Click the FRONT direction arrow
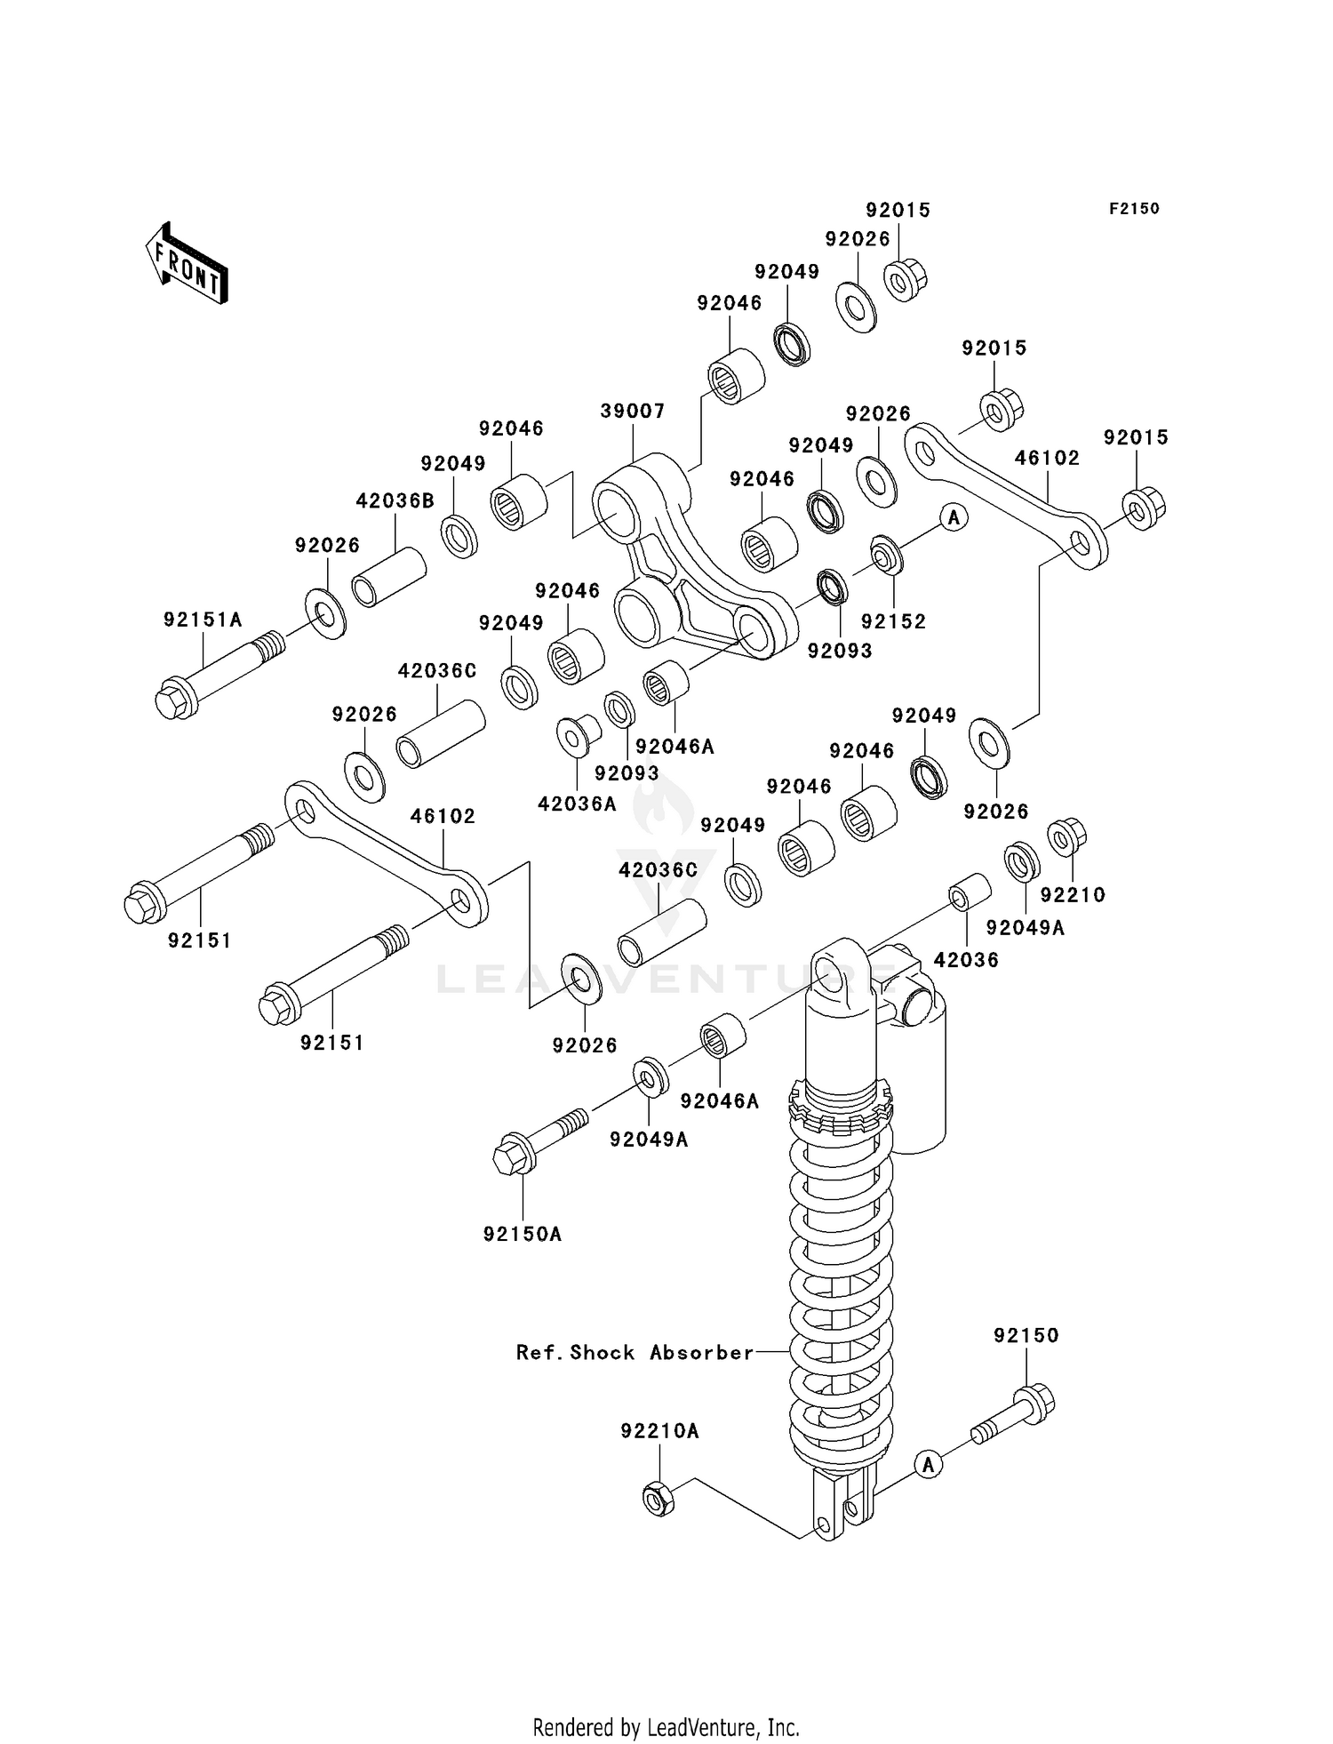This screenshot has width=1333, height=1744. pos(188,265)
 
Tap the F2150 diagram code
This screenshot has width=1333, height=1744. pos(1133,209)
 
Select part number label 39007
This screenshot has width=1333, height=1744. pos(632,412)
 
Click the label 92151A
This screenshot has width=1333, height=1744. pos(203,620)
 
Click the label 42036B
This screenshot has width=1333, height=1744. pos(395,501)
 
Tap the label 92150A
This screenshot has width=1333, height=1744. pos(523,1235)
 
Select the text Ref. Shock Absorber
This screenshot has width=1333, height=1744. pos(635,1353)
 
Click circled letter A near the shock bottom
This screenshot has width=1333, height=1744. pos(929,1464)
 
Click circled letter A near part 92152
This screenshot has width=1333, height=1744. pos(954,516)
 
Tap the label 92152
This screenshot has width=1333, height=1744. pos(893,622)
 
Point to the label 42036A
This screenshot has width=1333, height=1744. pos(577,804)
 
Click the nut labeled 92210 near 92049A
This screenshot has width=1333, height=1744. pos(1066,836)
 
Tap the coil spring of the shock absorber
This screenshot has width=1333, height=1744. pos(840,1289)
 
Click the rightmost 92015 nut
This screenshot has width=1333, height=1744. pos(1143,508)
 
